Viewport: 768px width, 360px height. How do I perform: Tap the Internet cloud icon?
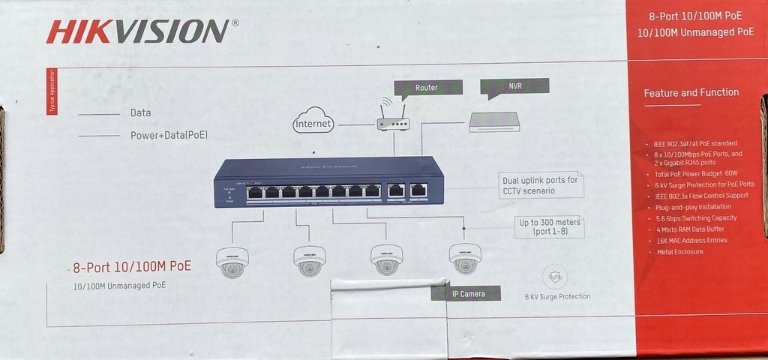pos(313,121)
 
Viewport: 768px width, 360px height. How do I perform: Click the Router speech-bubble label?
pos(427,88)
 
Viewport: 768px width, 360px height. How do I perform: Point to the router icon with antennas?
pos(393,118)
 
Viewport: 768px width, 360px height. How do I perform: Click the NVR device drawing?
pos(494,121)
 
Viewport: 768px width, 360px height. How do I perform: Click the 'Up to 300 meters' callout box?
pos(550,227)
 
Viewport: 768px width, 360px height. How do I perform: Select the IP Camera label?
pos(466,293)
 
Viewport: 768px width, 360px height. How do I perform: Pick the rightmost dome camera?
pos(465,258)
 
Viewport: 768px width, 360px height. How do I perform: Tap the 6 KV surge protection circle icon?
pos(554,277)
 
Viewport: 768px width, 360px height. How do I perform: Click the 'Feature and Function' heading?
pos(691,93)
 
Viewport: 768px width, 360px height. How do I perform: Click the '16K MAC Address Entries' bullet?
pos(691,241)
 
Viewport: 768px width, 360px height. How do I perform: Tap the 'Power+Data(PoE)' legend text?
pos(169,136)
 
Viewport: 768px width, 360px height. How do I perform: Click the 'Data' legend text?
pos(140,113)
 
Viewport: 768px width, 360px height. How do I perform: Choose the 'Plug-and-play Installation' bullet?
pos(693,207)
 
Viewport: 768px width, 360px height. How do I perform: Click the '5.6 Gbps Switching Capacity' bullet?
pos(695,218)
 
